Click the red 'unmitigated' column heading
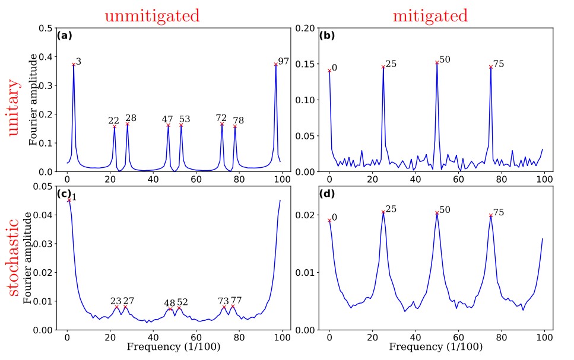(x=152, y=16)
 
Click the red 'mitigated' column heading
(x=430, y=16)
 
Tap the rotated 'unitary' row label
(x=14, y=109)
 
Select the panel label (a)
(x=64, y=36)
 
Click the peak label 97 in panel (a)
(x=283, y=62)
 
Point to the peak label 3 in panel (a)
(x=78, y=62)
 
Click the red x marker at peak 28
(x=127, y=124)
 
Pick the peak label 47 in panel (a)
(x=167, y=120)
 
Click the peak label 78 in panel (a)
(x=238, y=120)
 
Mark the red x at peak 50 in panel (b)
(x=437, y=62)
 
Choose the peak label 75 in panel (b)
(x=499, y=63)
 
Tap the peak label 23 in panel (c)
(x=116, y=301)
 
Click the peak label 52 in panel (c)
(x=182, y=302)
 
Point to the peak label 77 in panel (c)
(x=236, y=301)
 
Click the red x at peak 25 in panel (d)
(x=383, y=212)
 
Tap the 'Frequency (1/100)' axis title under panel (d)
(x=432, y=346)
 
